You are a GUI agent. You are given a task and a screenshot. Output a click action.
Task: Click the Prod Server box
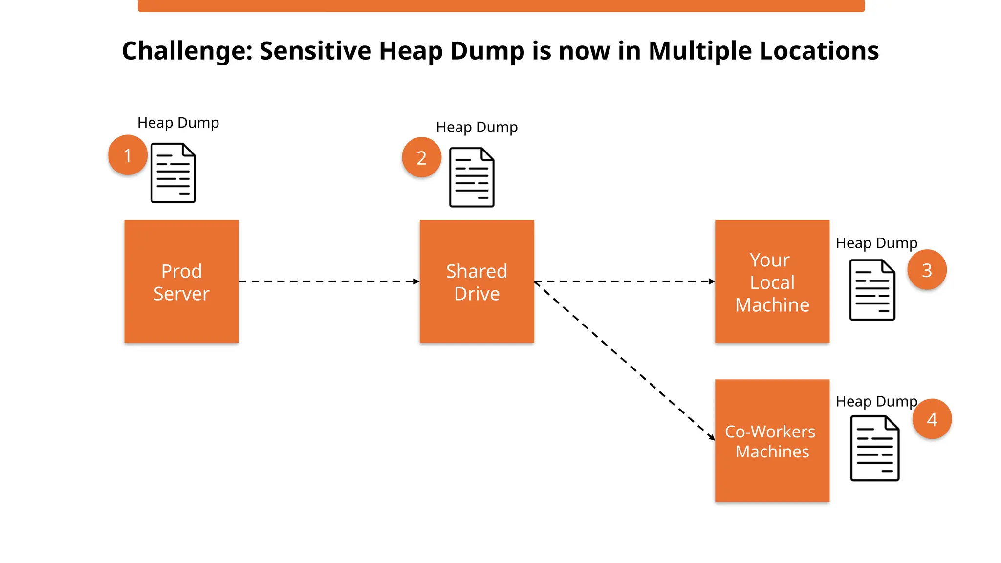181,281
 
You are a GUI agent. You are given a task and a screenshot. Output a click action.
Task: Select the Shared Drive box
477,281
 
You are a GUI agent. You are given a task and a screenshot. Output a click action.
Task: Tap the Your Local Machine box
772,281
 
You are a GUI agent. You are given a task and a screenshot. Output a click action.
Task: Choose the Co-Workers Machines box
772,441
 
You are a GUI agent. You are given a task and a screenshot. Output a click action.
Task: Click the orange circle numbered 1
128,155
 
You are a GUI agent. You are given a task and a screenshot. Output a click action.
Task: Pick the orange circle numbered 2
421,157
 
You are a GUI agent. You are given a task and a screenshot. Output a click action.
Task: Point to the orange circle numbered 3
927,270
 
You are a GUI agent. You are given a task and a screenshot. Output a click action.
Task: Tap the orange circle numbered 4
932,419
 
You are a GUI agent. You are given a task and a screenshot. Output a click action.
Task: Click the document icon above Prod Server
173,173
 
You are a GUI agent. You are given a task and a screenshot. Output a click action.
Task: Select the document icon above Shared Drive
472,177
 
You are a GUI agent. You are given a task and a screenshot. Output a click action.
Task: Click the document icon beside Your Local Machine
872,290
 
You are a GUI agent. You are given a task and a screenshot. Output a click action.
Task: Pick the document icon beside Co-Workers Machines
874,448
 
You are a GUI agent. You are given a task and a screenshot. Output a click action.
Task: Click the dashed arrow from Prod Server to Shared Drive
328,281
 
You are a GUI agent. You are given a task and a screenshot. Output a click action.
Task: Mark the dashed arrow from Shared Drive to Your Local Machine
625,281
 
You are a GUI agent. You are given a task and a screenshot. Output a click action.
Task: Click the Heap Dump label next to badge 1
178,123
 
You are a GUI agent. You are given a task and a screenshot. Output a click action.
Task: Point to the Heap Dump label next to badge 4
876,401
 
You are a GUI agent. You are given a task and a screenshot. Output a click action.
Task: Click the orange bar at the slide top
501,6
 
